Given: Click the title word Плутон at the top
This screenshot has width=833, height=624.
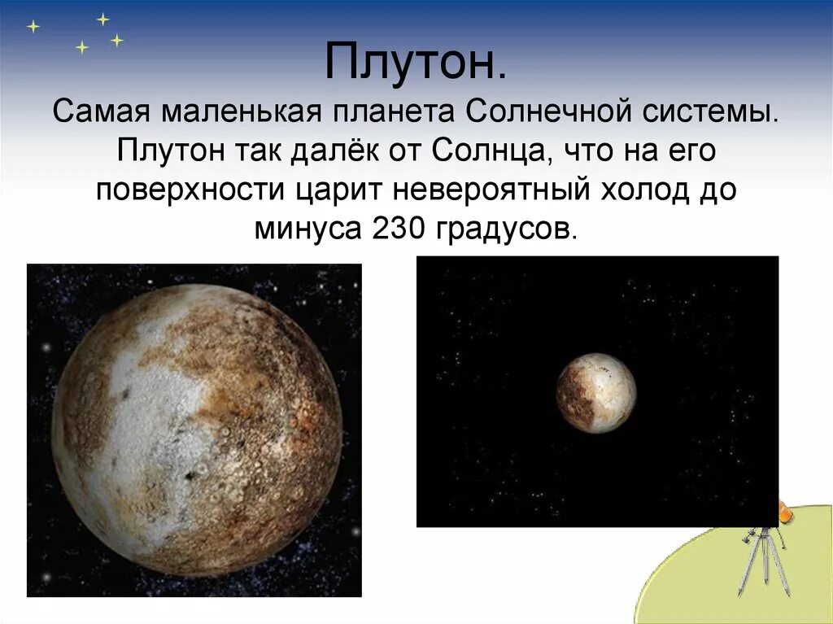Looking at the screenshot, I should (x=415, y=62).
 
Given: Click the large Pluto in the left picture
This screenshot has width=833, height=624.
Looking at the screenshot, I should (x=195, y=431).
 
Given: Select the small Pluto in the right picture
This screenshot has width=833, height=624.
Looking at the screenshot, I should (x=596, y=393).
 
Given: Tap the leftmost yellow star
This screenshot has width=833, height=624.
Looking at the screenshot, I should (x=33, y=26).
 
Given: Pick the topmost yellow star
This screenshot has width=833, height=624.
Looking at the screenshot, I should (x=102, y=18).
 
